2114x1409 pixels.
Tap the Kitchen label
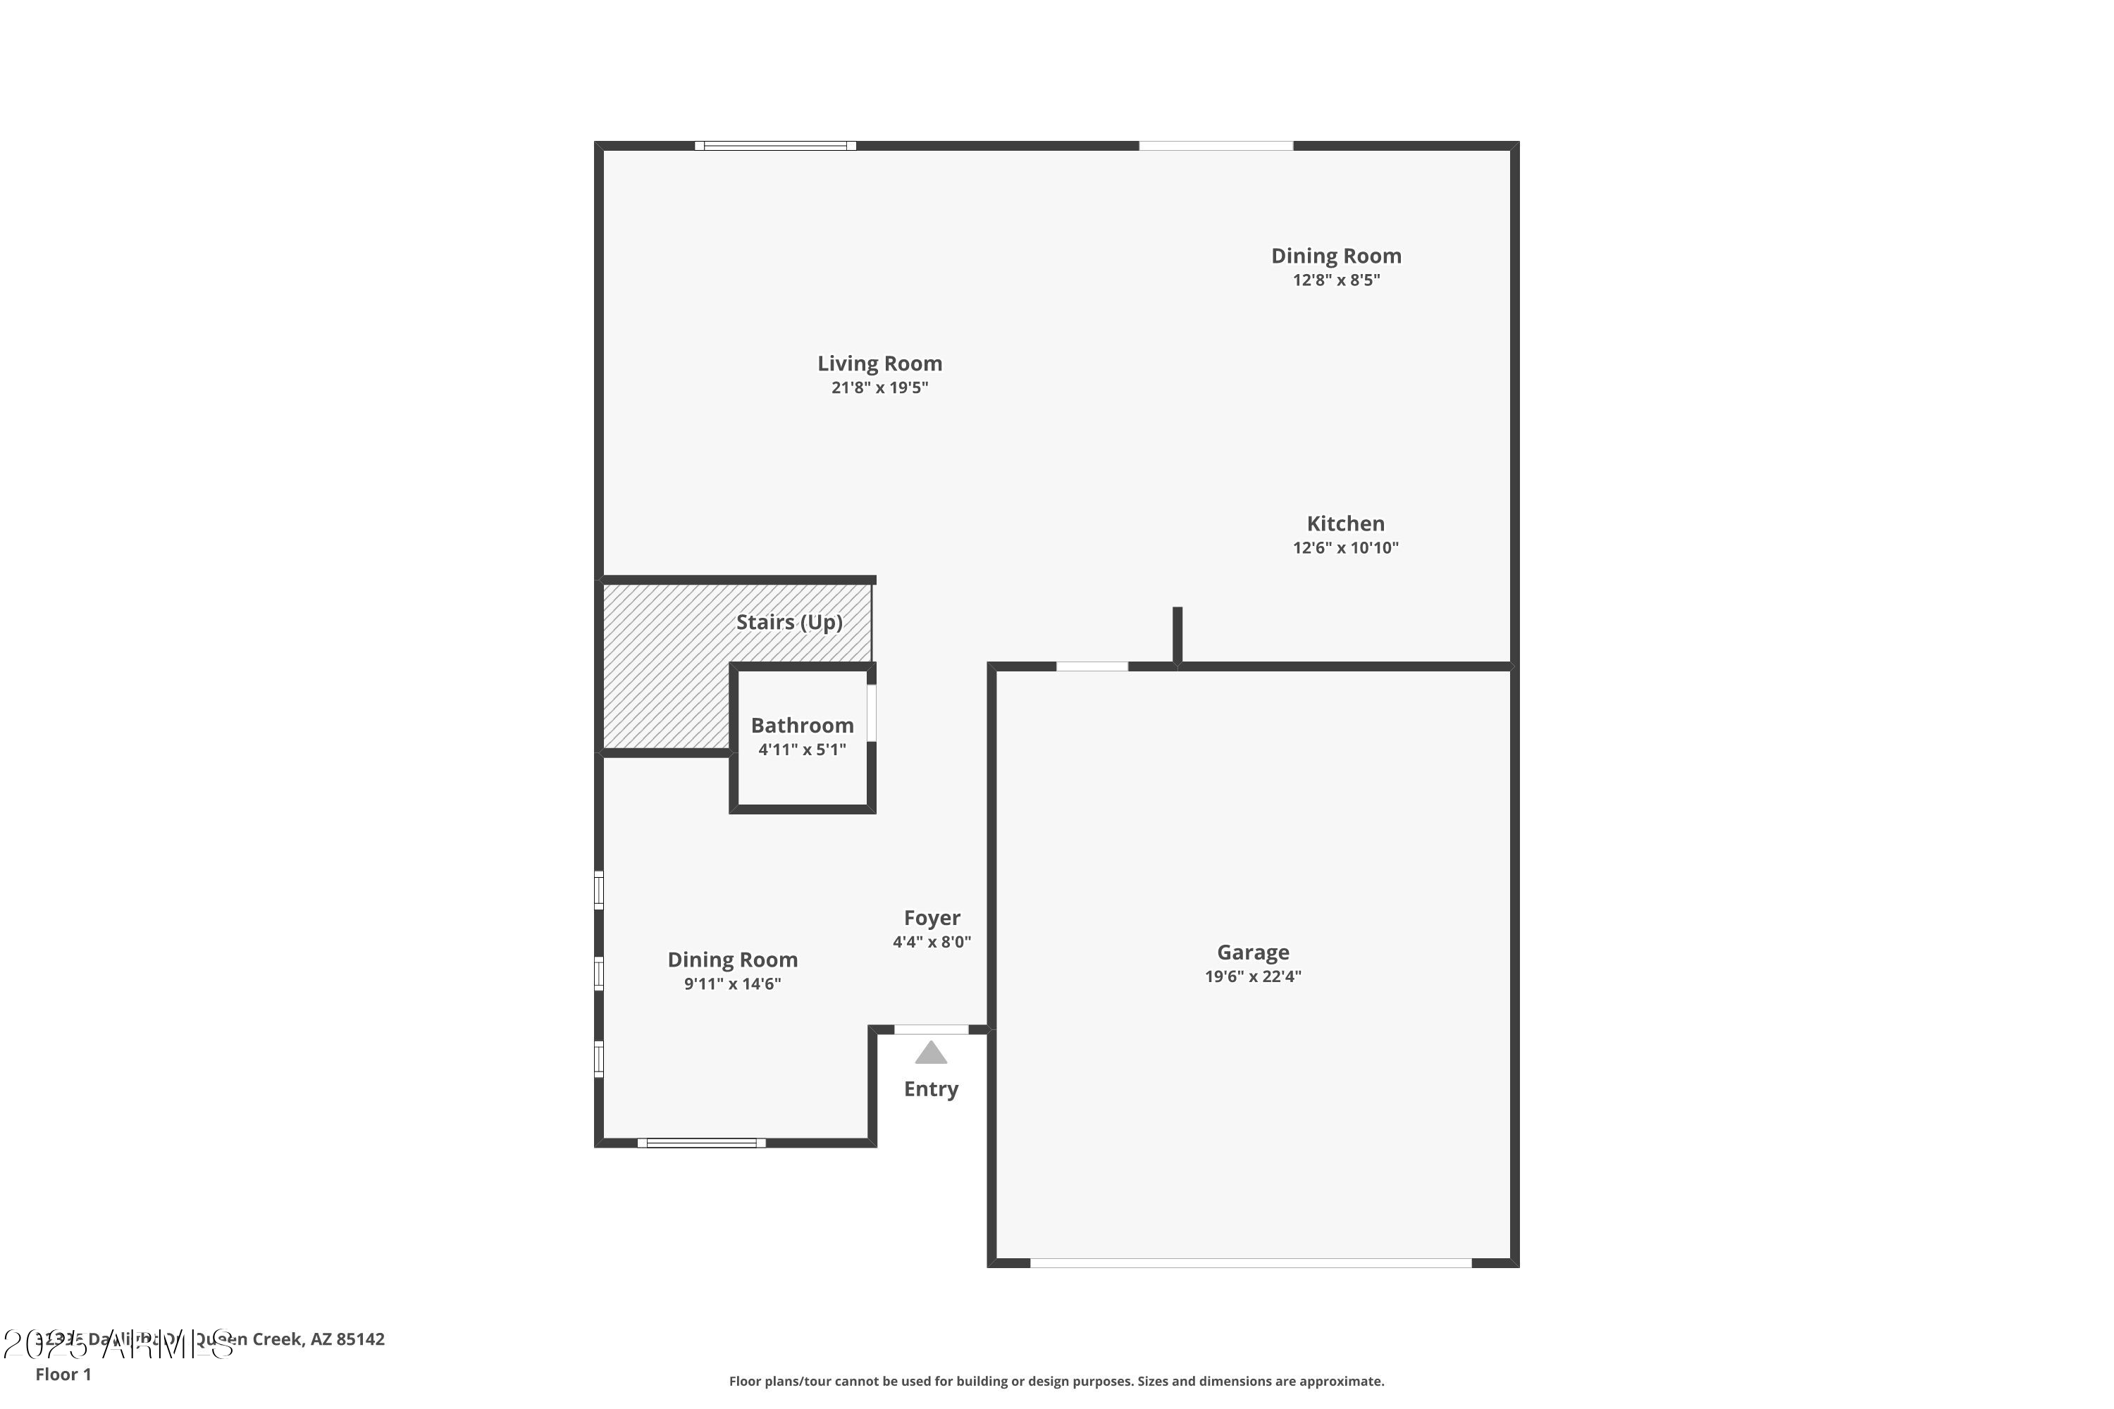1345,524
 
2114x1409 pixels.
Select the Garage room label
1252,952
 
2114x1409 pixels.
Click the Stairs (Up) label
789,623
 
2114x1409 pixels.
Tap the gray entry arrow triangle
930,1053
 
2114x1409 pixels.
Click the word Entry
930,1089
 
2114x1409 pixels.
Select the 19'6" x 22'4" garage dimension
1252,976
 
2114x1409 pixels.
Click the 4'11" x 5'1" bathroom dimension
802,750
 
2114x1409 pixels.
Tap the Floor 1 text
63,1374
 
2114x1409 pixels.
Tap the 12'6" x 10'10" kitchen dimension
1345,548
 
